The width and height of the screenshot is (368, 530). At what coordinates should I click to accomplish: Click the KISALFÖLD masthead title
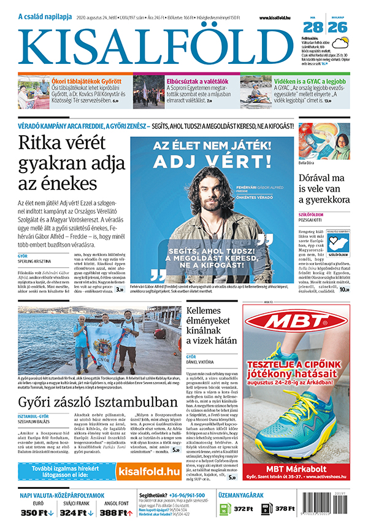[156, 44]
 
